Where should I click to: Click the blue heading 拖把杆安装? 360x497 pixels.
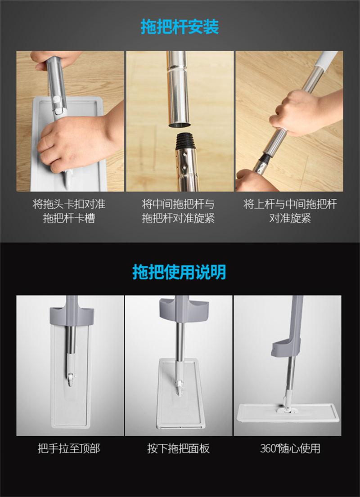180,27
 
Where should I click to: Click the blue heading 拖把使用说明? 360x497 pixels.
179,272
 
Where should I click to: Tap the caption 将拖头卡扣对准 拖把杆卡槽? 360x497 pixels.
69,211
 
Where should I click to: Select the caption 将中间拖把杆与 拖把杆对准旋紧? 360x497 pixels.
178,211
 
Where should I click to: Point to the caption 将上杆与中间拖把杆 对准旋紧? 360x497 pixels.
290,211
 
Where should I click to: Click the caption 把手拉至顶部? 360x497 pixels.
69,448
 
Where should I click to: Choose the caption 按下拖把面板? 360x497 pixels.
178,448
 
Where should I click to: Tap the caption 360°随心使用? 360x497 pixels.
290,448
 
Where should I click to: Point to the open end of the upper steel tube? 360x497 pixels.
180,124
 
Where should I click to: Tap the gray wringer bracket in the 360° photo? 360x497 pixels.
286,347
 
